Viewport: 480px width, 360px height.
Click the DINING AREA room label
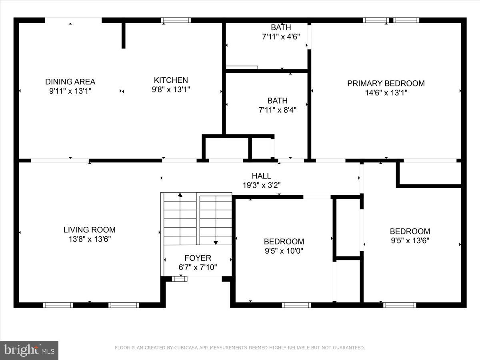tap(70, 82)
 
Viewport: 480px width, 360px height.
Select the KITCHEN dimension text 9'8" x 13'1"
tap(171, 90)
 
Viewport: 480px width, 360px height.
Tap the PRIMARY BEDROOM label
tap(386, 83)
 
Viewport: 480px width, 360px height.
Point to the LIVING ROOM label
tap(90, 230)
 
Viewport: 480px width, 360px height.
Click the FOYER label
tap(198, 258)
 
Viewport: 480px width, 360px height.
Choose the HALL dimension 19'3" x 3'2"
tap(262, 185)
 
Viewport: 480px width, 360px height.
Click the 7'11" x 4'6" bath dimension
tap(281, 36)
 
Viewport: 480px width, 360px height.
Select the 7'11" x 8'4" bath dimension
tap(277, 110)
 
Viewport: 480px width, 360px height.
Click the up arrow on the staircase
tap(180, 195)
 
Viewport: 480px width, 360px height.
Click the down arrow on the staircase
tap(216, 242)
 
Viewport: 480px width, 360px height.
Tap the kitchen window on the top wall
tap(176, 20)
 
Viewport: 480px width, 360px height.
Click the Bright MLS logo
tap(29, 350)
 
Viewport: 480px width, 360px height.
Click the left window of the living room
tap(58, 305)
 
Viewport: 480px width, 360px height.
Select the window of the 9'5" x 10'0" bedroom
tap(296, 305)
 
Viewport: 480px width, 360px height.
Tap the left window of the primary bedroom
tap(376, 20)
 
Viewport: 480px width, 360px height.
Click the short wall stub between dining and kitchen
tap(124, 35)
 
